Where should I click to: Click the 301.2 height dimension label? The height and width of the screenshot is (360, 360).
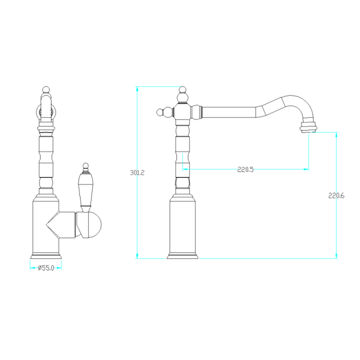coord(137,172)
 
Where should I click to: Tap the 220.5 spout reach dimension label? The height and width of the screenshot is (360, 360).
coord(245,169)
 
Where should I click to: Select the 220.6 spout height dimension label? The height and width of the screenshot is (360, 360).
coord(336,195)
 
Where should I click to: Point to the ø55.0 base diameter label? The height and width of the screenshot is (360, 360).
coord(46,268)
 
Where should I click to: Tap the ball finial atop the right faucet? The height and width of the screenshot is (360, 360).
coord(182,90)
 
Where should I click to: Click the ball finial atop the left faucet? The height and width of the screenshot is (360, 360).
coord(46,90)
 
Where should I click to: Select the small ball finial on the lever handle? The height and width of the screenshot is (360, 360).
coord(85,166)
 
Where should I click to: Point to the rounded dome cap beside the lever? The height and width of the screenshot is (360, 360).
coord(94,225)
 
